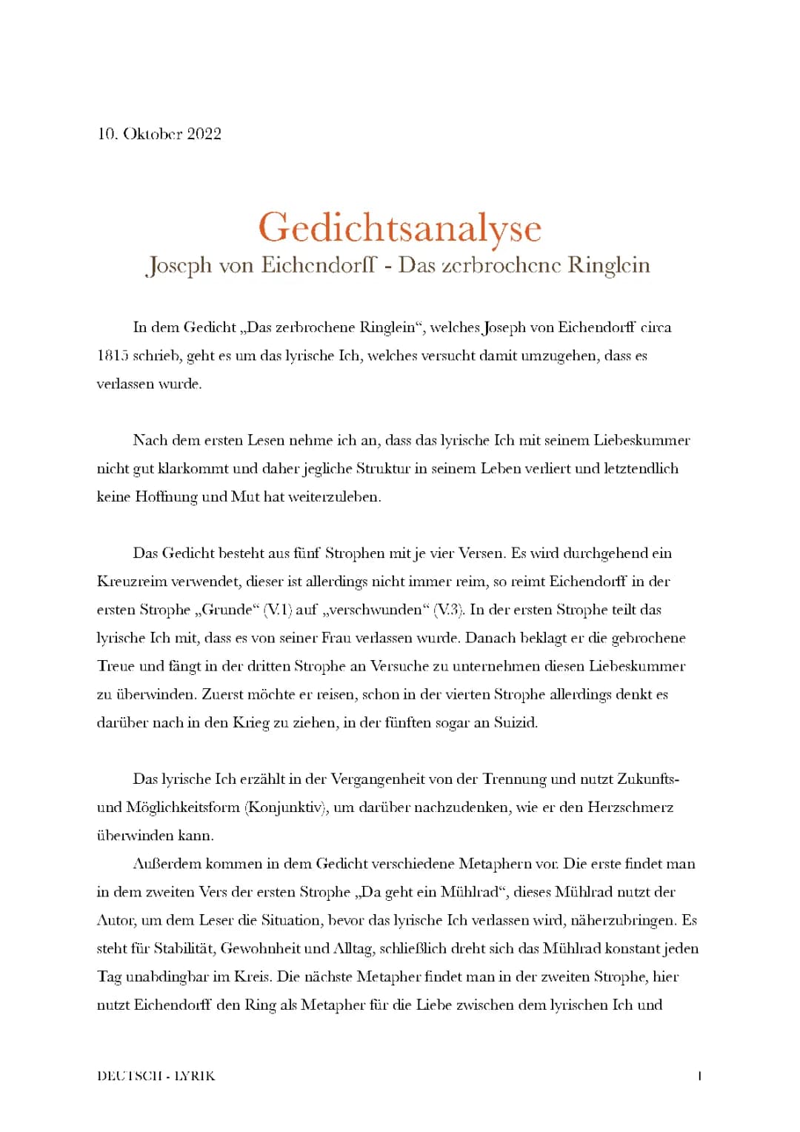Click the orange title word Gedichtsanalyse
click(400, 227)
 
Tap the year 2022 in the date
click(204, 133)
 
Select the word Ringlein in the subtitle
click(608, 264)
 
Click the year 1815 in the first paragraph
click(113, 356)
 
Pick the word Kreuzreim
click(129, 582)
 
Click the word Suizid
click(515, 722)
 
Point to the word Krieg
click(250, 722)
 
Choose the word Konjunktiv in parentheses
click(287, 807)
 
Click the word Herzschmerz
click(630, 807)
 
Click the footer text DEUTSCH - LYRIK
click(156, 1076)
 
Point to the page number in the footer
click(699, 1076)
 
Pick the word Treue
click(116, 666)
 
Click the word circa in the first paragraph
click(656, 327)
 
